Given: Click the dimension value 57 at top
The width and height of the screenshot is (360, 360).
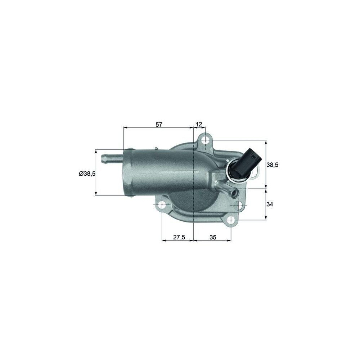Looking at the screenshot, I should click(x=159, y=125).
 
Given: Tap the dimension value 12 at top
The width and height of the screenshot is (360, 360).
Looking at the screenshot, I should click(x=199, y=125).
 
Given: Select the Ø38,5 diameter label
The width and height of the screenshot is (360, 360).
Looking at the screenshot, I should click(x=87, y=174).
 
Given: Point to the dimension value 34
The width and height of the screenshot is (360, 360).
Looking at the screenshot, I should click(x=270, y=204).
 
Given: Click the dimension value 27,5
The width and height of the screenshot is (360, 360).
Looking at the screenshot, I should click(x=179, y=237).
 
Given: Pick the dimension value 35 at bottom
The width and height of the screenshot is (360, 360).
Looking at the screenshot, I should click(x=213, y=237).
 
